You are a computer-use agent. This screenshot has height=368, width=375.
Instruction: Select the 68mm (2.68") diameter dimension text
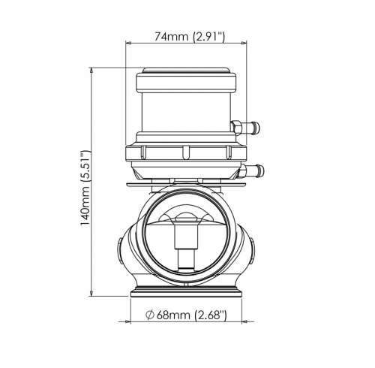(187, 315)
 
